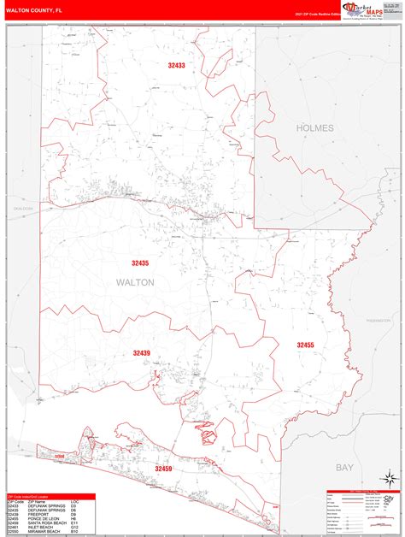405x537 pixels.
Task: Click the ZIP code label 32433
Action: tap(177, 65)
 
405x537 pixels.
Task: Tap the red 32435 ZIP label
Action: tap(140, 263)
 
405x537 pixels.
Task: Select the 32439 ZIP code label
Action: tap(141, 352)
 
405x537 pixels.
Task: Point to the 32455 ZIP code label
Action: tap(306, 345)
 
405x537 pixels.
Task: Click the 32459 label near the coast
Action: tap(164, 469)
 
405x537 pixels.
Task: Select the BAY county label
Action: tap(344, 468)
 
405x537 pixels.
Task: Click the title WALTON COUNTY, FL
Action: tap(33, 9)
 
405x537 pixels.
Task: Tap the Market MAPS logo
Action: tap(363, 9)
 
